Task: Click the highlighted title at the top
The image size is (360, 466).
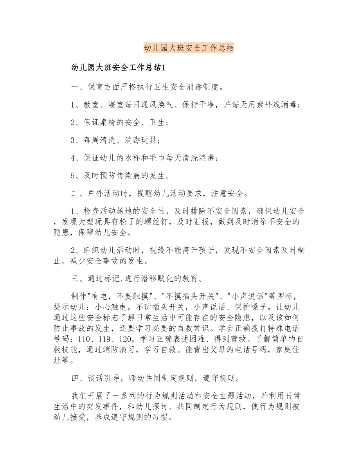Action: coord(189,48)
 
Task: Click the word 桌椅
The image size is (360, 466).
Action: coord(110,122)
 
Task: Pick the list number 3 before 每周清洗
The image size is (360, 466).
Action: coord(73,140)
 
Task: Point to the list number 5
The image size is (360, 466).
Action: coord(73,176)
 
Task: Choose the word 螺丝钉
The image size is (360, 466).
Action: coord(158,222)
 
